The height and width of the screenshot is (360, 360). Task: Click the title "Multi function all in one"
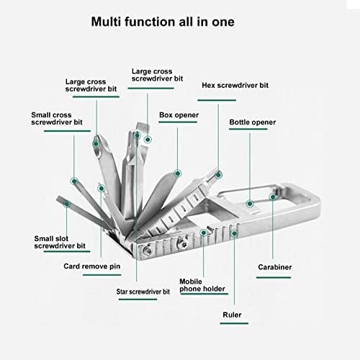(x=163, y=22)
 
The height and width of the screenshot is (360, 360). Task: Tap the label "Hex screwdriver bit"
(x=235, y=85)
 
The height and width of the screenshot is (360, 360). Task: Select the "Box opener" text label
(x=179, y=115)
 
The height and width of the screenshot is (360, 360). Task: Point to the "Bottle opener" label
(x=253, y=122)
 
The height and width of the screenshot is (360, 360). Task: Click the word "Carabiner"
(x=275, y=267)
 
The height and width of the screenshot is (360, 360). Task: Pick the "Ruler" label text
(x=232, y=315)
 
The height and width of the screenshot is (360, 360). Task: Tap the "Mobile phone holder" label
(x=202, y=285)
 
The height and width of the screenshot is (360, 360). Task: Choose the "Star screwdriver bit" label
(x=143, y=292)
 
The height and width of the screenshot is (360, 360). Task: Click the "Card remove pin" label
(x=92, y=266)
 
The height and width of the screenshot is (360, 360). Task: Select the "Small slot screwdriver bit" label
(x=60, y=242)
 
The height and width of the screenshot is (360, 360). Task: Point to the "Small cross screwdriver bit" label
(x=57, y=118)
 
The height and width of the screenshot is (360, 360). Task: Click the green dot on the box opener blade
(x=178, y=174)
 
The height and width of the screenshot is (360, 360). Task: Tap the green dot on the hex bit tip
(x=218, y=175)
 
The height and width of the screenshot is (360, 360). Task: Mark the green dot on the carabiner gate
(x=273, y=197)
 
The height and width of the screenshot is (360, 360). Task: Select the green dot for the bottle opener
(x=250, y=204)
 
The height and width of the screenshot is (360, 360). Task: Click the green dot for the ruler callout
(x=234, y=233)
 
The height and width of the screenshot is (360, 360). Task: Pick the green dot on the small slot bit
(x=67, y=204)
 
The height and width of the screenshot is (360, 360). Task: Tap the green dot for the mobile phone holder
(x=204, y=233)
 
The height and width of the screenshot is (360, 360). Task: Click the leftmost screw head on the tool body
(x=147, y=250)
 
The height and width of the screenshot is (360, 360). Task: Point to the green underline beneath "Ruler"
(x=234, y=323)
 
